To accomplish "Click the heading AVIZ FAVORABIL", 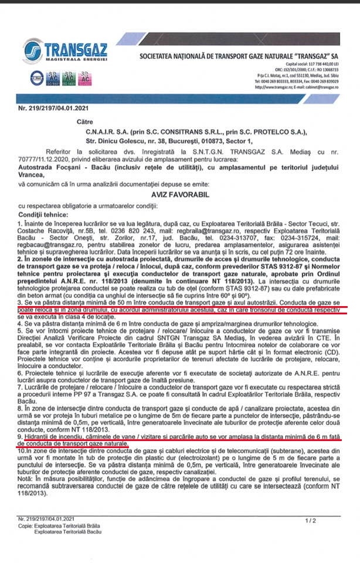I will pos(179,193).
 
